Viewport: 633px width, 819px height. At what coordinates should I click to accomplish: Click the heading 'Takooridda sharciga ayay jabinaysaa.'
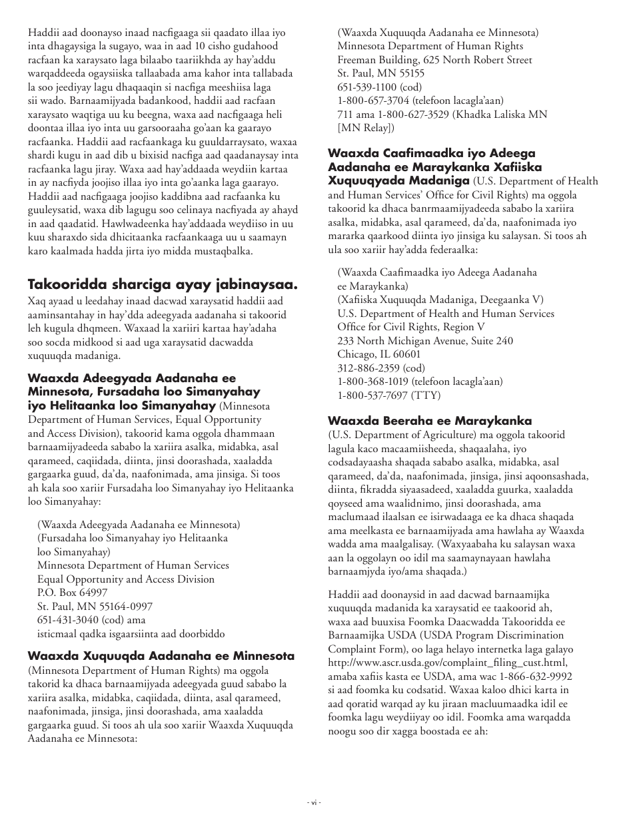(163, 285)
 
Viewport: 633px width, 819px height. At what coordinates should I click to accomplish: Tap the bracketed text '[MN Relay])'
(366, 128)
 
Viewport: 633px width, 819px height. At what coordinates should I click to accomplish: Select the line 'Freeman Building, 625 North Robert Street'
(434, 60)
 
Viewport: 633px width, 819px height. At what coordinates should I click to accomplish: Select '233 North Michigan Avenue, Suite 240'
(425, 340)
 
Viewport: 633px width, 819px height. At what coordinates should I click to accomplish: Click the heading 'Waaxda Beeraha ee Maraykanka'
(429, 421)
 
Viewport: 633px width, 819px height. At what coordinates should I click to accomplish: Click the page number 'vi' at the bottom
(316, 802)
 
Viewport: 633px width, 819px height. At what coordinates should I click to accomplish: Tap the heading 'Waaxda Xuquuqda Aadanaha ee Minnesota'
(161, 656)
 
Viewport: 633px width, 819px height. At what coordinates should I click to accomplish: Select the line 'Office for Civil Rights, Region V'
(410, 327)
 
